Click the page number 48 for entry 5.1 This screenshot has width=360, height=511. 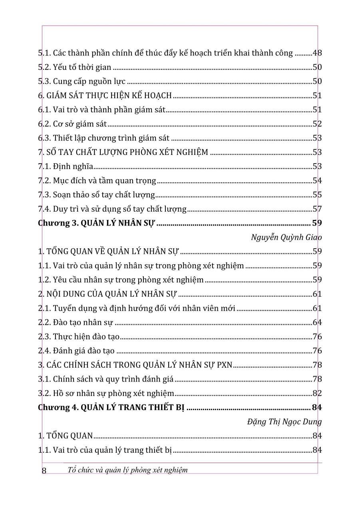[x=317, y=53]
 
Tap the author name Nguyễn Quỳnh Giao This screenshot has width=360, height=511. [x=286, y=237]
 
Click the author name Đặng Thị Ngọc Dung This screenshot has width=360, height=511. [x=284, y=422]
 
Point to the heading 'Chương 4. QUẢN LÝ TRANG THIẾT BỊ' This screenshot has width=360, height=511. [x=111, y=408]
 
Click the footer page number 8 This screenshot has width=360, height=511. [x=44, y=470]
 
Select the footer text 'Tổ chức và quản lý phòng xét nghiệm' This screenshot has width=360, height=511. [x=127, y=470]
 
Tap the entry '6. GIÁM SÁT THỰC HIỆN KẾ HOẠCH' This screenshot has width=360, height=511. [x=105, y=95]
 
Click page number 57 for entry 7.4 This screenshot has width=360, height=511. [x=317, y=209]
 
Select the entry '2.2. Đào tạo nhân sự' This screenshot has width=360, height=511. [x=76, y=323]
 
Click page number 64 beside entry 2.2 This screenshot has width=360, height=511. [x=317, y=323]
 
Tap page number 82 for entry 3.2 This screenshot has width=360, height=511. [x=317, y=393]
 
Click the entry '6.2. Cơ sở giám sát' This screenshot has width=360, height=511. [x=72, y=124]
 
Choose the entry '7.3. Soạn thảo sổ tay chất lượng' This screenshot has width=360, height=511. [x=96, y=195]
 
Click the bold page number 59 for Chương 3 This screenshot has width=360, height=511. [x=317, y=223]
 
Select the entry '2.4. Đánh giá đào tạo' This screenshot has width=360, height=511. [x=76, y=351]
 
